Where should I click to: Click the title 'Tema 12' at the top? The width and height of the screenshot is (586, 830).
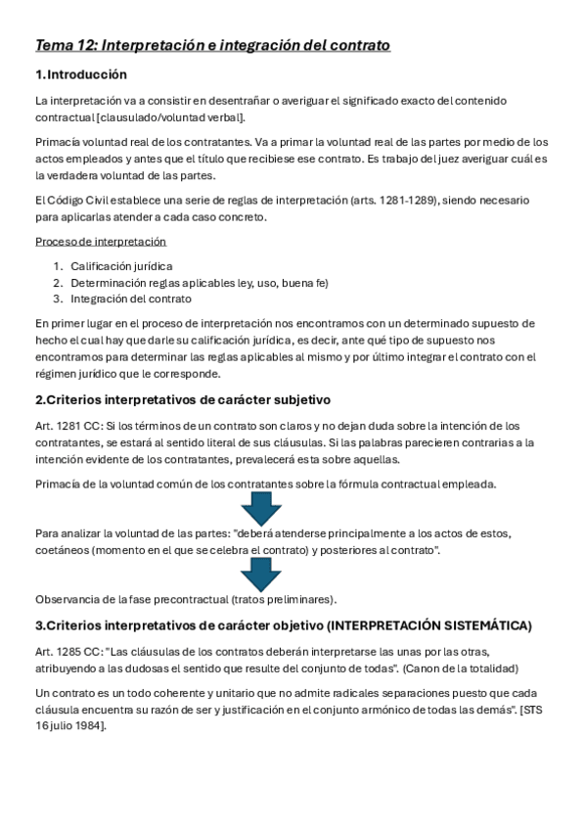66,46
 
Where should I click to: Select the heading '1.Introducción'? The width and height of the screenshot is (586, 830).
80,75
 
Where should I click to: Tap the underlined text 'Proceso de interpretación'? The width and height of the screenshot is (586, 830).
101,241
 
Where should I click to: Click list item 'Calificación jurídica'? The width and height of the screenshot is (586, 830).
121,265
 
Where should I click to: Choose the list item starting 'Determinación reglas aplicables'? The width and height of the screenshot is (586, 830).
200,282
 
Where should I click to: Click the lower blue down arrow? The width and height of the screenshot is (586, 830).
260,575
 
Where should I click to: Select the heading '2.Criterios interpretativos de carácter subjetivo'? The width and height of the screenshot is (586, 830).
183,399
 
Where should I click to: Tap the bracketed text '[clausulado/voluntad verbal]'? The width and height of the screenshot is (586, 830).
170,117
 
